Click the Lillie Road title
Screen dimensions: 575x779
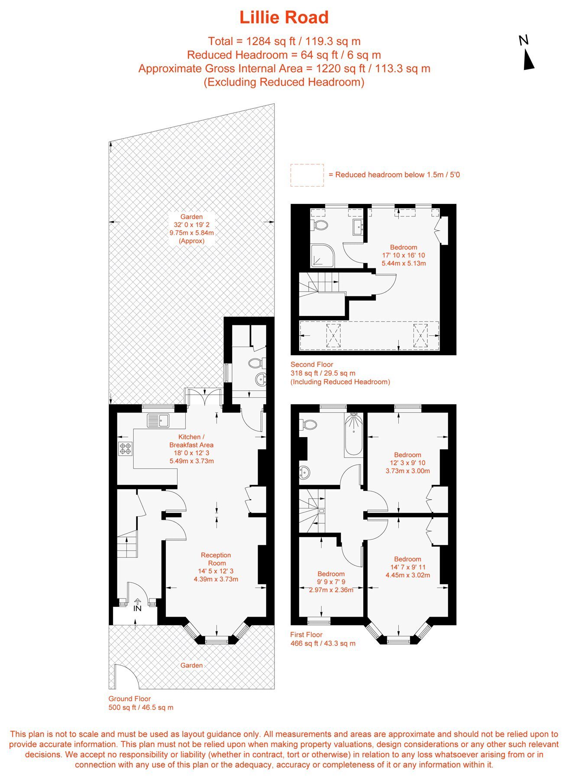point(284,18)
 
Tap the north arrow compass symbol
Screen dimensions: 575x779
point(528,53)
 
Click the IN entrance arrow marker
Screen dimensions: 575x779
point(137,605)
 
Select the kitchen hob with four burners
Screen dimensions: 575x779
point(126,449)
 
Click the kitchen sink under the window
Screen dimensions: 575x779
point(158,420)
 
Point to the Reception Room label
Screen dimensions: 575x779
point(216,559)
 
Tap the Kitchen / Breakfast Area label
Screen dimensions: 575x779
point(191,441)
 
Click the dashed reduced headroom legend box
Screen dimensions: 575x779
point(307,175)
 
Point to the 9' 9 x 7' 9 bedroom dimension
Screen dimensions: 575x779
point(331,582)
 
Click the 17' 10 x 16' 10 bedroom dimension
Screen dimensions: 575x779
point(404,255)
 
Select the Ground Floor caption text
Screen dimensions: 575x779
point(129,699)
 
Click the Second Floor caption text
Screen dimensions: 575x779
point(312,364)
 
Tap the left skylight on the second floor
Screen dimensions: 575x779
point(333,335)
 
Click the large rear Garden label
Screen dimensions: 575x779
point(192,217)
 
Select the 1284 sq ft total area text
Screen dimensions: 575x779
point(271,42)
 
